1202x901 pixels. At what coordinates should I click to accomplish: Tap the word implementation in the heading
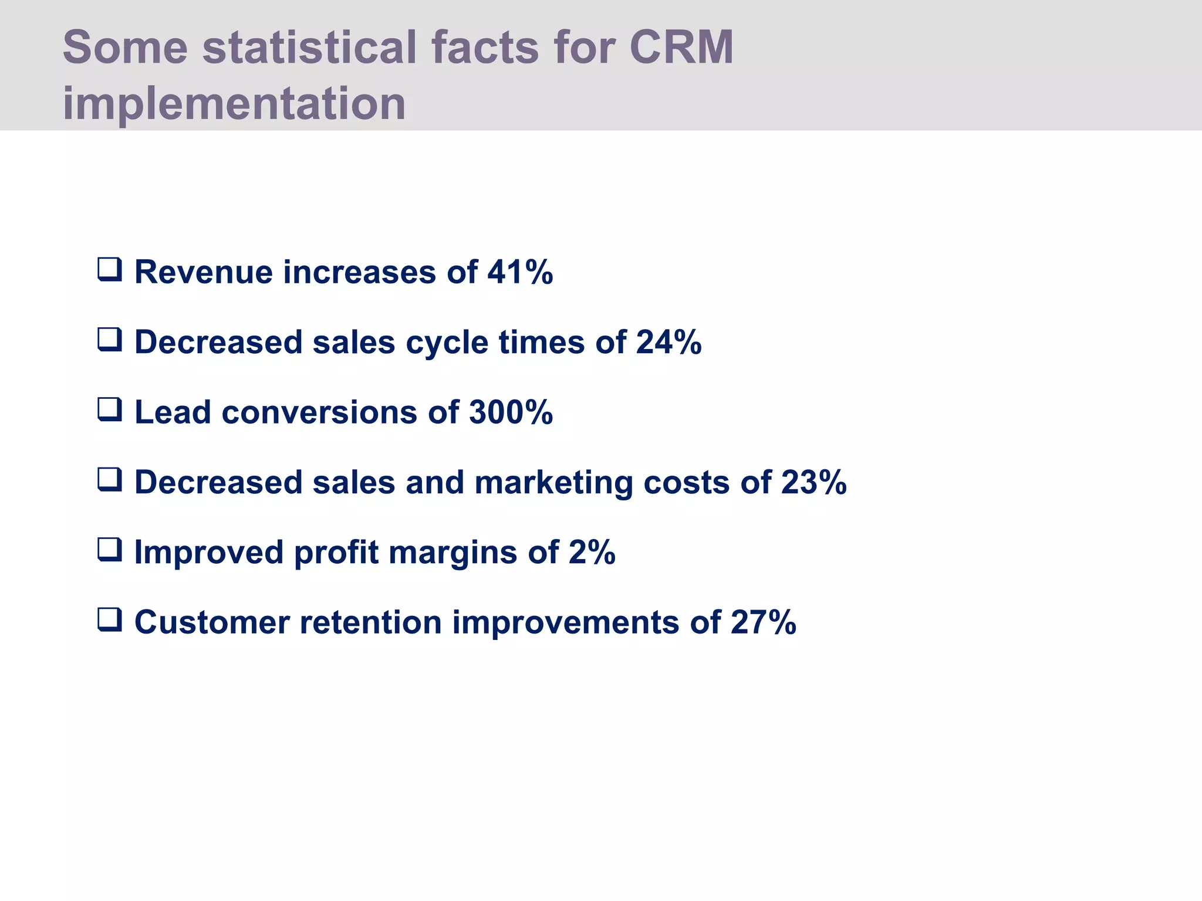(x=234, y=103)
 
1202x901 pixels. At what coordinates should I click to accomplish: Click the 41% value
(x=520, y=272)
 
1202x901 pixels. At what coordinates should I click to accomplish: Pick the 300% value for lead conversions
(x=511, y=412)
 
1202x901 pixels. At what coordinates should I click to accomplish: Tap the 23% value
(x=813, y=482)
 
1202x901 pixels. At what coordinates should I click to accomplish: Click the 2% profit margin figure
(x=592, y=552)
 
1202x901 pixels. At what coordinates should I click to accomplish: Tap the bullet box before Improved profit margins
(x=110, y=550)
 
